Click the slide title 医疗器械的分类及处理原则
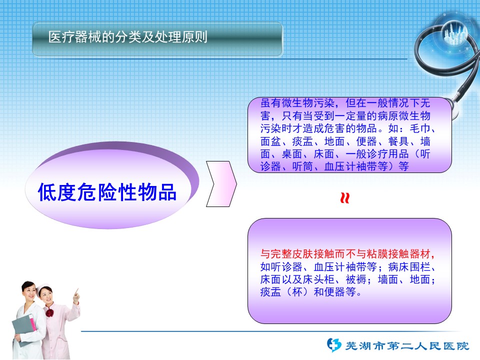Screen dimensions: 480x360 tap(127, 37)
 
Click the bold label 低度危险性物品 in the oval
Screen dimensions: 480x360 tap(107, 192)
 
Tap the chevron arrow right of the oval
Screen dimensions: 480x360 tap(221, 183)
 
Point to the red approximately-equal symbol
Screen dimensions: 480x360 tap(345, 198)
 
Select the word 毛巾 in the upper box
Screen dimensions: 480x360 tap(419, 128)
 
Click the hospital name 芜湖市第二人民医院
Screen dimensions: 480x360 tap(407, 346)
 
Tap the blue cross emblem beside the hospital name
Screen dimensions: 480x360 tap(334, 345)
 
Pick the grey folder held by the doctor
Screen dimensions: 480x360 tap(24, 329)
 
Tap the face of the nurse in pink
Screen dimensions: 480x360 tap(45, 294)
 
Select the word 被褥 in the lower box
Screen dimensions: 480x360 tap(356, 279)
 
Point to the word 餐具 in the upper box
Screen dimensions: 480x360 tap(398, 141)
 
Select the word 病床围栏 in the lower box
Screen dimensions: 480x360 tap(409, 267)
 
